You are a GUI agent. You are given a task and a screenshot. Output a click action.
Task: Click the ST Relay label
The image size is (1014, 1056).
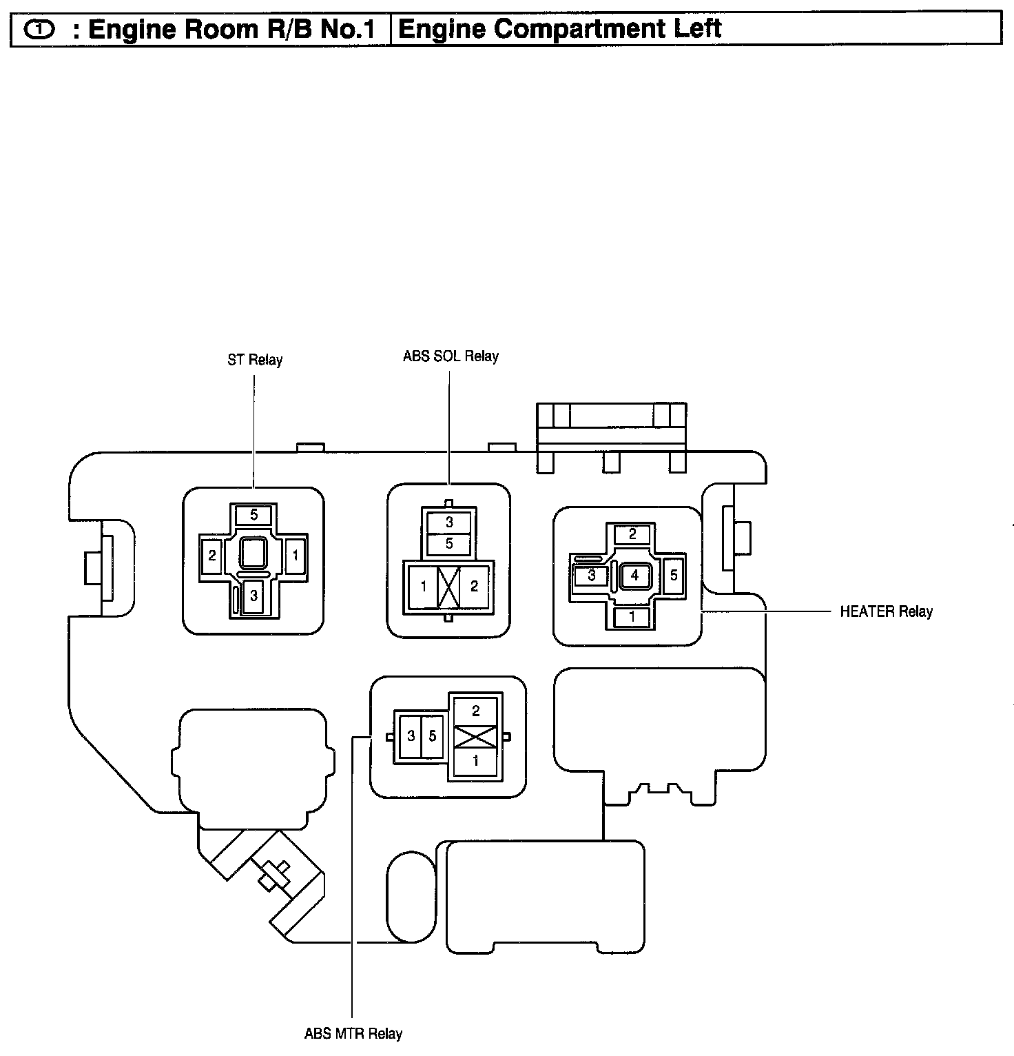point(255,360)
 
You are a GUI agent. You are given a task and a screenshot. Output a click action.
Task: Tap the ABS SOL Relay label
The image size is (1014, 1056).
point(451,356)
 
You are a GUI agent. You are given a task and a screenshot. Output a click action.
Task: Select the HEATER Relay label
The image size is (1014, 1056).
point(886,611)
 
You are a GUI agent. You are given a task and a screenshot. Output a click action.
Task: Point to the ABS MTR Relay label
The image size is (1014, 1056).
point(353,1033)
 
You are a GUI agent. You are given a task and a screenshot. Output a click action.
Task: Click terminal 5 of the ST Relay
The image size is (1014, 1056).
point(254,515)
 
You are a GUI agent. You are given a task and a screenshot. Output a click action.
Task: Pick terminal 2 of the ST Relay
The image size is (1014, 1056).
point(212,555)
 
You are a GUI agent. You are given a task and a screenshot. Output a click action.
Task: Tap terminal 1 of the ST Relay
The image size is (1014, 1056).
point(296,555)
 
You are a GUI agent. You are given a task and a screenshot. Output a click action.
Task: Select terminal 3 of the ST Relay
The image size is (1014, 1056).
point(253,596)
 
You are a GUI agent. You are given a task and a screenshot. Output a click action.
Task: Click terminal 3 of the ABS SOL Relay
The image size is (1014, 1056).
point(449,522)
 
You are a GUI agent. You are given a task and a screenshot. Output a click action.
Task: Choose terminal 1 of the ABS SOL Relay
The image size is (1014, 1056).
point(424,587)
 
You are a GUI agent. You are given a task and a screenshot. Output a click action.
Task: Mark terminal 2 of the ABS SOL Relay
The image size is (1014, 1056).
point(474,587)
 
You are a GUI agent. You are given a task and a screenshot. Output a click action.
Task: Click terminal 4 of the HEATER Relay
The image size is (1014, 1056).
point(634,575)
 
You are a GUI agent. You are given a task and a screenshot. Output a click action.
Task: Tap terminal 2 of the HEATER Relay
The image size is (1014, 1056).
point(632,534)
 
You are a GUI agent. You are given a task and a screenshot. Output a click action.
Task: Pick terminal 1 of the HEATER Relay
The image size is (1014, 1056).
point(632,617)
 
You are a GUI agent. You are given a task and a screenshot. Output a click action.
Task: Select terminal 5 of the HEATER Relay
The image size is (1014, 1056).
point(674,575)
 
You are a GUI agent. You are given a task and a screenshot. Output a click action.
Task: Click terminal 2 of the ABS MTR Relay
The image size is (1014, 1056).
point(475,711)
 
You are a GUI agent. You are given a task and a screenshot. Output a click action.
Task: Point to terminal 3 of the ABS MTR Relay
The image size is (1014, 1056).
point(411,736)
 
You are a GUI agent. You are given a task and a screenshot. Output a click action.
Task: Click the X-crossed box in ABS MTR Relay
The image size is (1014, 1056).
point(475,736)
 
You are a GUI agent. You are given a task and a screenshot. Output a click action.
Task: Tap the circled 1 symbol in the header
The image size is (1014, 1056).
point(38,30)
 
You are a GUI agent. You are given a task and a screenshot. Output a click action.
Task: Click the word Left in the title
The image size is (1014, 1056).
point(694,29)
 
